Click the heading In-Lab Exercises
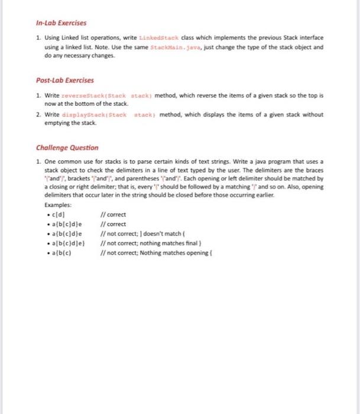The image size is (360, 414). (61, 23)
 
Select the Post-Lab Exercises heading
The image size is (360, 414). (64, 80)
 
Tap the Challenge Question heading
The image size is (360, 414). (67, 148)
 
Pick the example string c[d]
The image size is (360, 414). (59, 215)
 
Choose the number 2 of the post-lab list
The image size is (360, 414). (38, 115)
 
